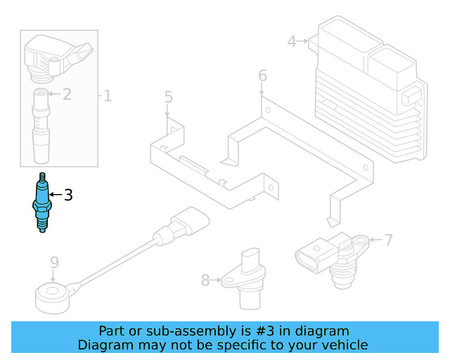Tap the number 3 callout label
tap(68, 195)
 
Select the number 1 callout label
tap(108, 95)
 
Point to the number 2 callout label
tap(67, 94)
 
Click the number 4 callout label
tap(292, 41)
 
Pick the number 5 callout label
tap(168, 96)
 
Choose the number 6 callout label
tap(262, 75)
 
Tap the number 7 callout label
tap(390, 240)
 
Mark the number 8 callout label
tap(205, 281)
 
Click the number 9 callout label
tap(54, 263)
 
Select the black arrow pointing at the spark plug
tap(55, 195)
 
